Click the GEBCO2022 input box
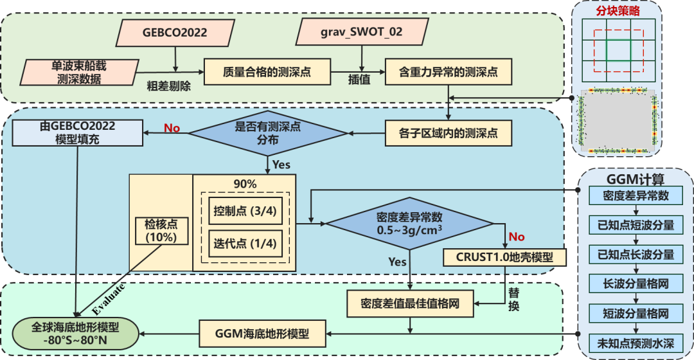point(175,32)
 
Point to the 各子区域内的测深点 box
point(449,134)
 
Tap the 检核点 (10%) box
point(161,231)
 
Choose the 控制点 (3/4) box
point(244,212)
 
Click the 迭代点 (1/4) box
point(244,242)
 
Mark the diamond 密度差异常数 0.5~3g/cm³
point(410,223)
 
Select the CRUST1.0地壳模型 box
point(505,257)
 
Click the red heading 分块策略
point(618,11)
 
